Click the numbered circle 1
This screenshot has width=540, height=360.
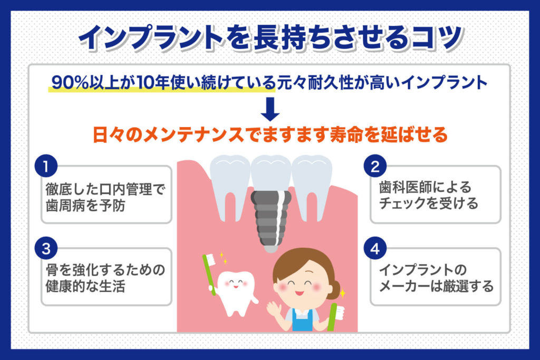[46, 167]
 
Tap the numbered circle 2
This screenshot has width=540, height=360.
[375, 167]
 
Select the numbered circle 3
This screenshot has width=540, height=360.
[46, 248]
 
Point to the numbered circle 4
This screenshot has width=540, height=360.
[375, 248]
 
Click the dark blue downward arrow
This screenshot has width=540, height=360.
[270, 109]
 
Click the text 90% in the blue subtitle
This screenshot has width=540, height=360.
[70, 83]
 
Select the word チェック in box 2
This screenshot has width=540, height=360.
[402, 203]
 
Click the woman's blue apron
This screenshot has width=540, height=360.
[302, 320]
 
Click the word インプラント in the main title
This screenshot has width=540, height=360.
[151, 37]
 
